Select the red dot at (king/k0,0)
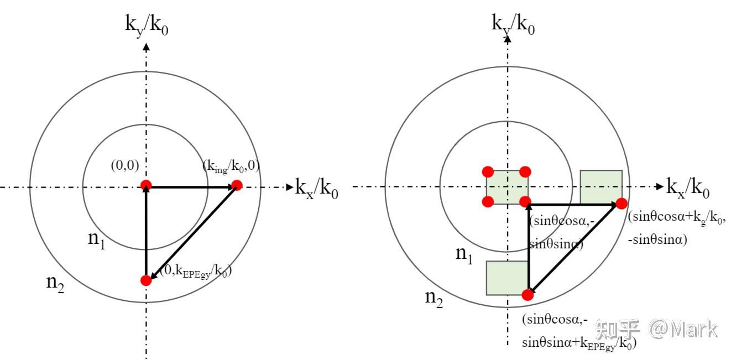pyautogui.click(x=237, y=185)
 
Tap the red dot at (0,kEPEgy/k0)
pyautogui.click(x=146, y=280)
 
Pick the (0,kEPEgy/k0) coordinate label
pyautogui.click(x=195, y=272)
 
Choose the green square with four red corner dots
pyautogui.click(x=507, y=187)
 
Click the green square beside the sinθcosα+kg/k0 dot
pyautogui.click(x=601, y=186)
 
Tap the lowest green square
pyautogui.click(x=507, y=278)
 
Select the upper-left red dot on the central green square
pyautogui.click(x=488, y=171)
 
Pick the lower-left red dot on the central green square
pyautogui.click(x=488, y=202)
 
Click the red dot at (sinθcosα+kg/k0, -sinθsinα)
pyautogui.click(x=620, y=204)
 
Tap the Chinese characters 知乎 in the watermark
pyautogui.click(x=617, y=330)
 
